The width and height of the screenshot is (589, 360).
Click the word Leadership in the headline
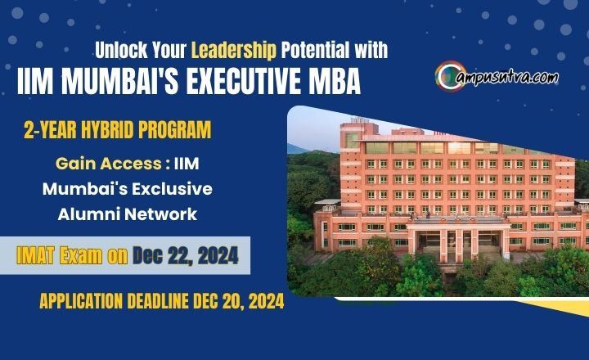[233, 50]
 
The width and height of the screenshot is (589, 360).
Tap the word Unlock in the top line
[120, 50]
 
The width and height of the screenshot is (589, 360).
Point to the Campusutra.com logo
[497, 77]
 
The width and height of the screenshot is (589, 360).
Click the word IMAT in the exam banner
[39, 256]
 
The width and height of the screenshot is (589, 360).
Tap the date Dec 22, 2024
[185, 256]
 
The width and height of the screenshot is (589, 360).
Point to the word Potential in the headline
[312, 50]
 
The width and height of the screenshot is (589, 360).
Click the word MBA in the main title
[334, 83]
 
